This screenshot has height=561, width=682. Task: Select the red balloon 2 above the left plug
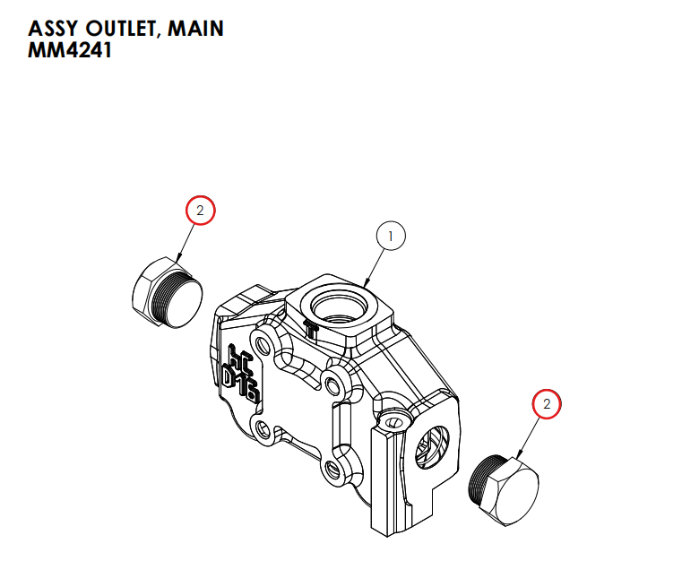point(201,211)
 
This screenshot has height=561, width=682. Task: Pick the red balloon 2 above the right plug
point(547,405)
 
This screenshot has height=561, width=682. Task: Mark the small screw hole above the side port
point(391,421)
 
